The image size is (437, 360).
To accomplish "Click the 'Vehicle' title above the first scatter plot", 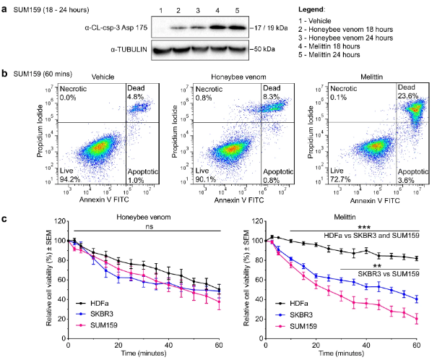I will coord(94,76).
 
